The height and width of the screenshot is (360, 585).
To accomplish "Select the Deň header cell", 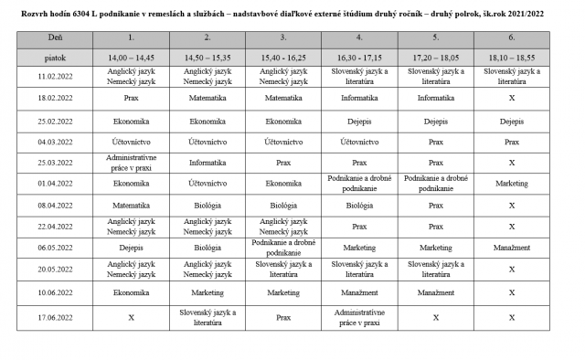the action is tap(55, 37).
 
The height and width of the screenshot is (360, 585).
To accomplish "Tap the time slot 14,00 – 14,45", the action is tap(132, 57).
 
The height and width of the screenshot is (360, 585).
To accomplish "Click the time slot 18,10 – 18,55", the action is tap(512, 57).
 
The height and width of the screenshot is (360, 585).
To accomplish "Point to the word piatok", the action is tap(55, 57).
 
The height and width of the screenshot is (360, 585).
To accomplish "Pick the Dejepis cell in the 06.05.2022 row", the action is tap(132, 247).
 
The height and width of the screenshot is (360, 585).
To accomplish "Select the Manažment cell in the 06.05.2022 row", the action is tap(512, 247).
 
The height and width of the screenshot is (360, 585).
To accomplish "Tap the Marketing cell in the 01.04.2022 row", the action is tap(512, 183).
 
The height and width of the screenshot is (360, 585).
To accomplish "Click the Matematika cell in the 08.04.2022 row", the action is tap(132, 205).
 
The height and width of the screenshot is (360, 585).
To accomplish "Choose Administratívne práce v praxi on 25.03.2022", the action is tap(132, 162).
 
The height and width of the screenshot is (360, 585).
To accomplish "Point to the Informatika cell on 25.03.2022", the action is tap(207, 162).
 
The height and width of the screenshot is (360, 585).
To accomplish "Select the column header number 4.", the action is tap(359, 37).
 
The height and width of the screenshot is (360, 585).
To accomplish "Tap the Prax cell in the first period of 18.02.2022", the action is tap(132, 95).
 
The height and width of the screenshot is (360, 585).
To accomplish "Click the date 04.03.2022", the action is tap(55, 142).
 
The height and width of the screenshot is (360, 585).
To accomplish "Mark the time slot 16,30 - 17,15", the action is tap(359, 57).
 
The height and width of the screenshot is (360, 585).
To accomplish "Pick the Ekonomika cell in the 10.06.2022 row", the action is tap(132, 293).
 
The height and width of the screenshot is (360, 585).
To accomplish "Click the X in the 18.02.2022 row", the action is tap(512, 95).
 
